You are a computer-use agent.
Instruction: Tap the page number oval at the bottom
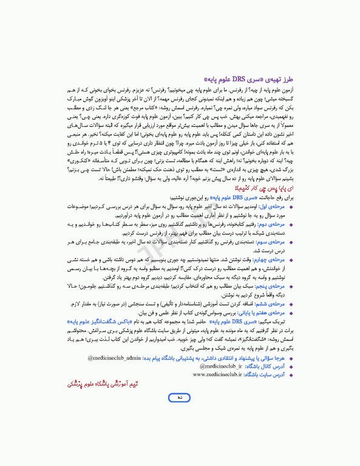180,414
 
